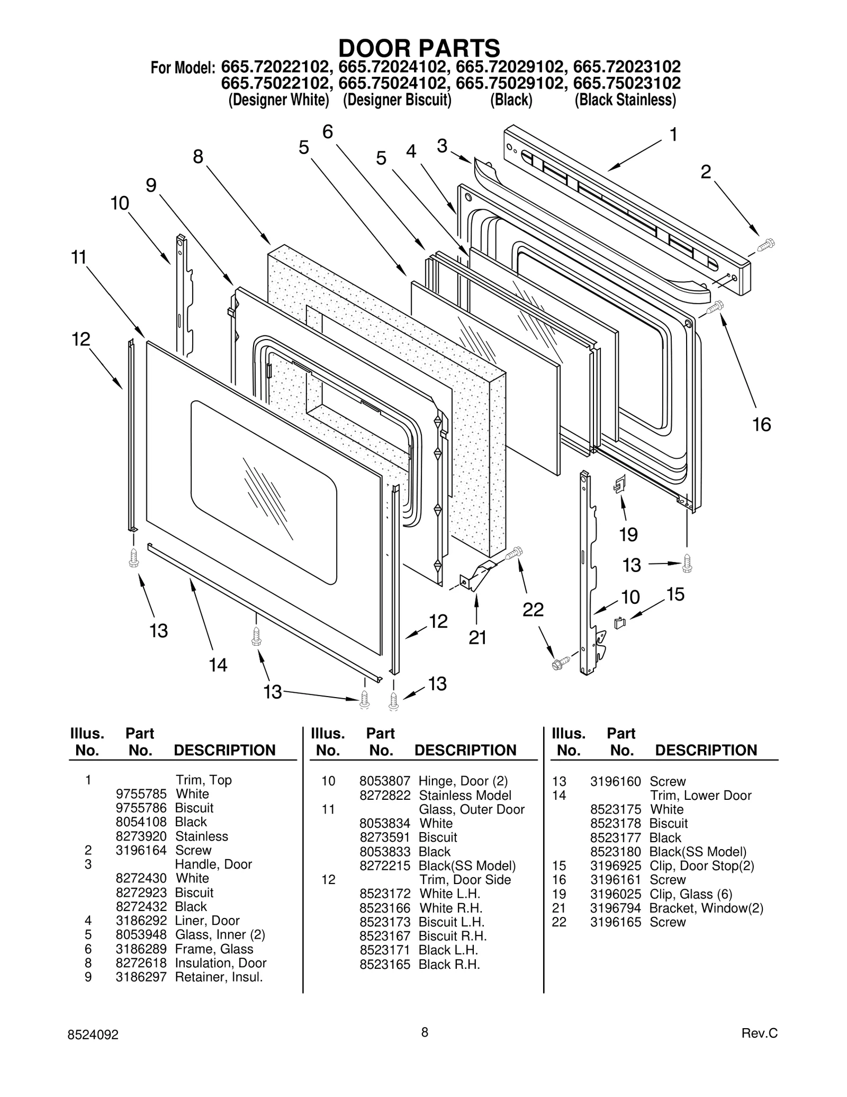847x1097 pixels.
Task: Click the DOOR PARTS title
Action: (419, 48)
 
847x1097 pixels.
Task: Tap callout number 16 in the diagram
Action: (761, 424)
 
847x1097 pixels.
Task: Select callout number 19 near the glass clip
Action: (628, 534)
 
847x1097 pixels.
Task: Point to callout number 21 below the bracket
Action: (477, 637)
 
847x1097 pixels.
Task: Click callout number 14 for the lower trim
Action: (218, 664)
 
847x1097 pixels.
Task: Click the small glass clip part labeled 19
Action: (620, 483)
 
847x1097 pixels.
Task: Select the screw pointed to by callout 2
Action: (765, 245)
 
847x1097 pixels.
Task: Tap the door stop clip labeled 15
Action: (619, 623)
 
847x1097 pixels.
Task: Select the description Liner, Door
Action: (207, 921)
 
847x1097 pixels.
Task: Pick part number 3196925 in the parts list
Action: (615, 866)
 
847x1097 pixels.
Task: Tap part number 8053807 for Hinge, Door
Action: (384, 781)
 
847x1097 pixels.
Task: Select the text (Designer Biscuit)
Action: (397, 100)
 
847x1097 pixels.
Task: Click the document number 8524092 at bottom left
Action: (94, 1035)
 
